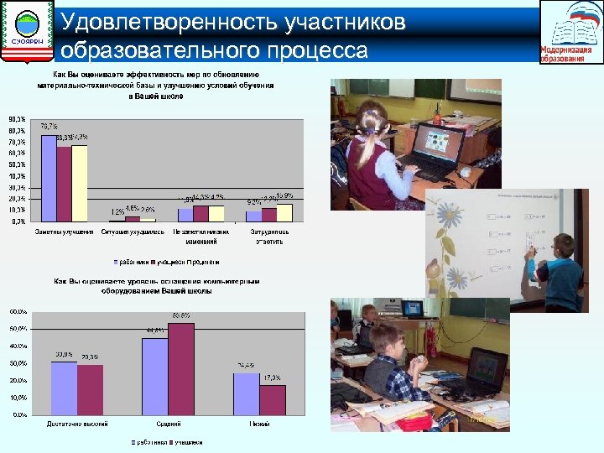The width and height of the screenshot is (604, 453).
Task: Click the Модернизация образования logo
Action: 570,32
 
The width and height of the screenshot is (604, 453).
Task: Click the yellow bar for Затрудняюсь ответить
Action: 284,212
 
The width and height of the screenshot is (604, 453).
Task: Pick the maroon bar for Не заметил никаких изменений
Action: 200,213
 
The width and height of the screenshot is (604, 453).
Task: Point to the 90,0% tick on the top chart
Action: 17,119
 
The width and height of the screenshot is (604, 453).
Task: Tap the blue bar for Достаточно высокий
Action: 64,388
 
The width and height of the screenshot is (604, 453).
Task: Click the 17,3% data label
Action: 271,378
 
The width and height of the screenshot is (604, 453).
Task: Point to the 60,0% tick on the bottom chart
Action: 18,310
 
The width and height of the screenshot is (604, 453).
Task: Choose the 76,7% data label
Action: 49,126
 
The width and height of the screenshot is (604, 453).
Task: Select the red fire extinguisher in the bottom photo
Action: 430,340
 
